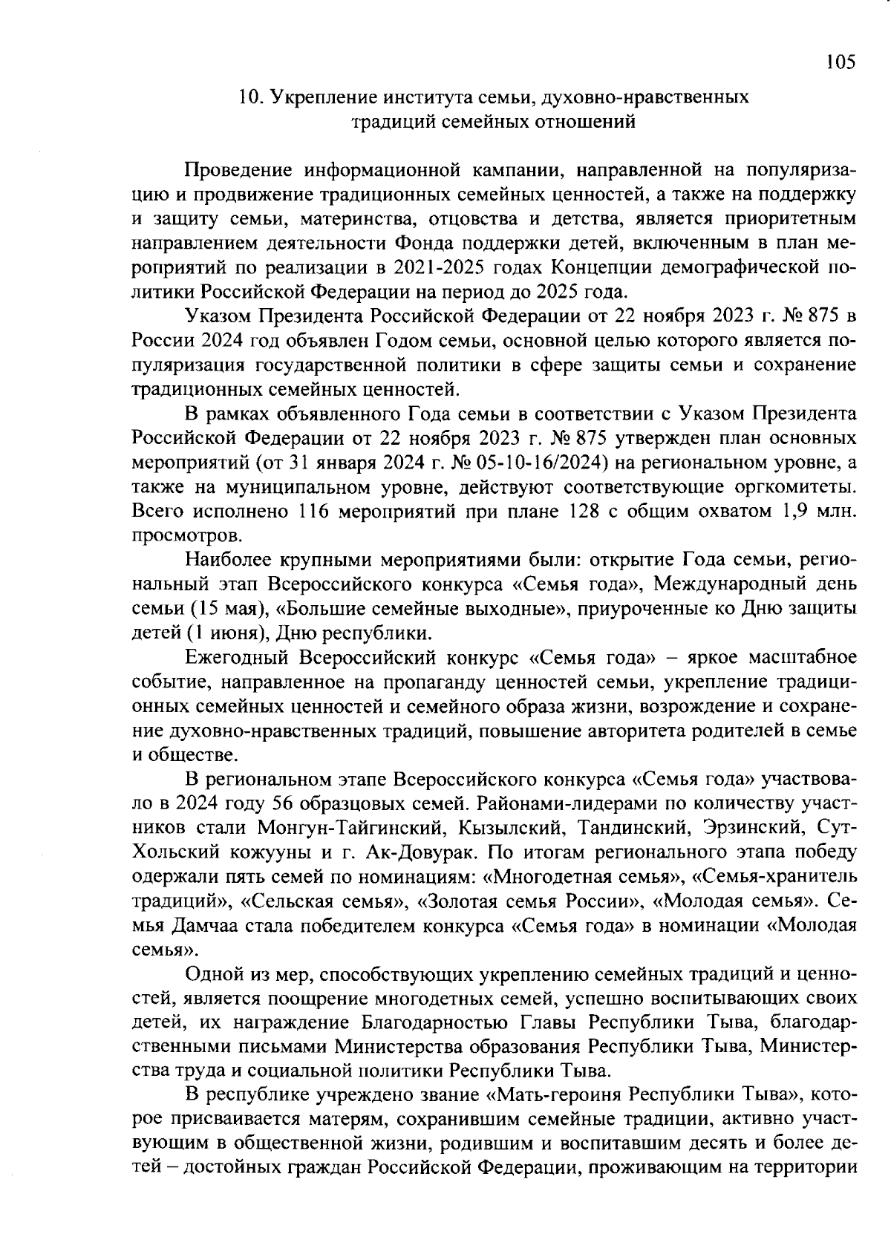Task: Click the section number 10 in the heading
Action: click(x=247, y=97)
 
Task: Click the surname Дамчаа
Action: click(x=210, y=925)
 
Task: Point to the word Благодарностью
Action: click(x=435, y=1022)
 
